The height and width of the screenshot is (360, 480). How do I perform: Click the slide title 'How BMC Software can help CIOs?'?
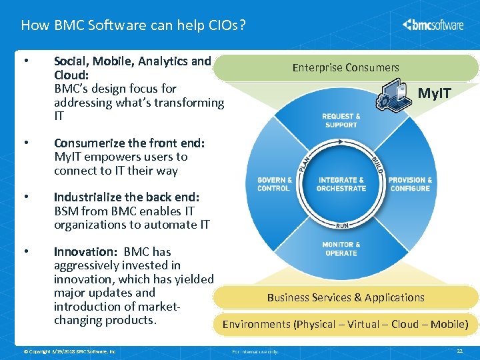click(x=133, y=25)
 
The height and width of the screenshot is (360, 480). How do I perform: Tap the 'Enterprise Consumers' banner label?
click(x=345, y=67)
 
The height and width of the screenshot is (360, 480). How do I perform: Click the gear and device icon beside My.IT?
click(x=393, y=95)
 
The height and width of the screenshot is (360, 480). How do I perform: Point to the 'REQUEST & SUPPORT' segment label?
click(x=341, y=121)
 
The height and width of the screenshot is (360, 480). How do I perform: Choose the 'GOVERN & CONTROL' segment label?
click(x=274, y=184)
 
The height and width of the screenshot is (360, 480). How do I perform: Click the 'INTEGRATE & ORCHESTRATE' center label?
click(x=341, y=184)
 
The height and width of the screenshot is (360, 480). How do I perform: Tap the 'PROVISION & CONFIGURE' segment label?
click(x=410, y=184)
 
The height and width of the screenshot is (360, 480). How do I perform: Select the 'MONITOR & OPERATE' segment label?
click(x=341, y=249)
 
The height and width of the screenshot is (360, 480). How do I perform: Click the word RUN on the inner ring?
click(x=341, y=225)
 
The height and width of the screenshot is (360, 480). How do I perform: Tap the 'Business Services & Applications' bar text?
click(x=345, y=297)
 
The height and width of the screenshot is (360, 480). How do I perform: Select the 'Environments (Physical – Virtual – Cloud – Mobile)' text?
click(x=345, y=325)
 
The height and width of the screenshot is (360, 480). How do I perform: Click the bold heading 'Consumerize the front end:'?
click(x=129, y=143)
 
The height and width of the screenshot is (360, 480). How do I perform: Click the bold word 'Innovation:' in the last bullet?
click(x=85, y=252)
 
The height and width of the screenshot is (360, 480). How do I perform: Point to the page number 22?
click(x=459, y=351)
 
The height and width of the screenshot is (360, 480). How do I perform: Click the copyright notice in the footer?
click(x=69, y=351)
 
